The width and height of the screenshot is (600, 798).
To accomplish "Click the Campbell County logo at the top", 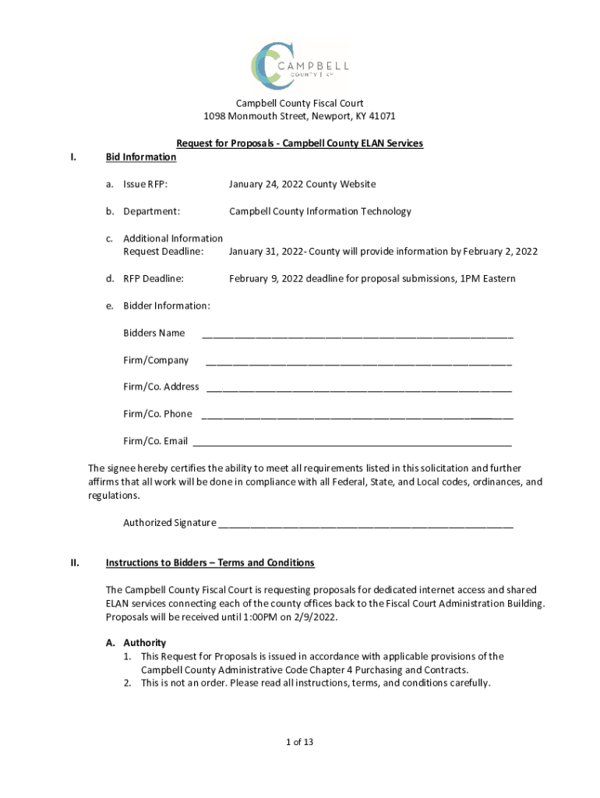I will pyautogui.click(x=299, y=64).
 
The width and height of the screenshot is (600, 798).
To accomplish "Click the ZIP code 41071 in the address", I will pyautogui.click(x=382, y=116).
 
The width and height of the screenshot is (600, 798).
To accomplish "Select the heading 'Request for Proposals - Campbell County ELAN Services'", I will pyautogui.click(x=299, y=143).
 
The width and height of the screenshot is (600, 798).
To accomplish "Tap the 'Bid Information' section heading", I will pyautogui.click(x=141, y=157).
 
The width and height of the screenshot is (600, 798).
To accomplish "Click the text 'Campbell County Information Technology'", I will pyautogui.click(x=319, y=211).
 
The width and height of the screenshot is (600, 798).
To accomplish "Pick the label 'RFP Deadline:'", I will pyautogui.click(x=154, y=278).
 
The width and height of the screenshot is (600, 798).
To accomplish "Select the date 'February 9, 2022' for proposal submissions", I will pyautogui.click(x=268, y=278).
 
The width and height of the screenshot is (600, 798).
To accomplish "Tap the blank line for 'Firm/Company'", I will pyautogui.click(x=358, y=363).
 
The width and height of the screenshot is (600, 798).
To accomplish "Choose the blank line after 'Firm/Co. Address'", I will pyautogui.click(x=359, y=390).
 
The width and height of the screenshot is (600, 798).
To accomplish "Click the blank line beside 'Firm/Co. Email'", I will pyautogui.click(x=352, y=444).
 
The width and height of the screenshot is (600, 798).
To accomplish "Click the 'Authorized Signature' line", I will pyautogui.click(x=365, y=525).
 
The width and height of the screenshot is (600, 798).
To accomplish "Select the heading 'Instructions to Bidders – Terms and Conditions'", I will pyautogui.click(x=210, y=563).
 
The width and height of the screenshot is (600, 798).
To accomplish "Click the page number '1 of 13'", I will pyautogui.click(x=299, y=742).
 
